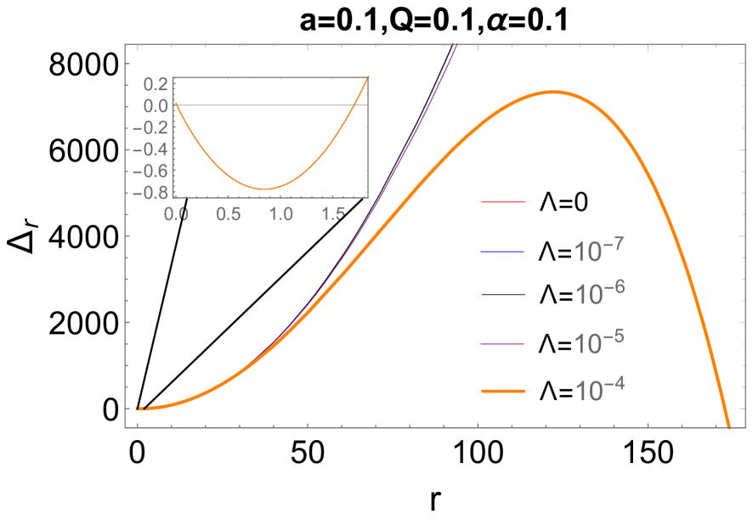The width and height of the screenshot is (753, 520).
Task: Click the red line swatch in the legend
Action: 503,202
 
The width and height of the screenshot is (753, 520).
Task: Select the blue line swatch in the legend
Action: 503,252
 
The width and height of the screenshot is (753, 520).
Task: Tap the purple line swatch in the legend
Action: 503,343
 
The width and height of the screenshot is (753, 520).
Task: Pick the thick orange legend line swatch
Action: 503,391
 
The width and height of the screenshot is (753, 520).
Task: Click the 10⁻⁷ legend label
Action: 599,252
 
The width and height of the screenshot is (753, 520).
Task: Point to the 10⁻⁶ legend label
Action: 599,294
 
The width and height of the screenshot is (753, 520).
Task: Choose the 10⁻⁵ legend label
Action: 599,342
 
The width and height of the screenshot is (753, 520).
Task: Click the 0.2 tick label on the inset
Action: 156,84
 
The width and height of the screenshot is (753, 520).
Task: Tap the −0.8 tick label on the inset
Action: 151,192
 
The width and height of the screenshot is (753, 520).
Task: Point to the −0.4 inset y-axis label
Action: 151,149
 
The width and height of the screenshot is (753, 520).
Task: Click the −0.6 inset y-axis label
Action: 151,171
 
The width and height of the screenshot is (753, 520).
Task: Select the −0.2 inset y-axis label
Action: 151,127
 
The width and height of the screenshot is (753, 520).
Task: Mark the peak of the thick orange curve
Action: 552,92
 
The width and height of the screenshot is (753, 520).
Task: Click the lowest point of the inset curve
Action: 266,189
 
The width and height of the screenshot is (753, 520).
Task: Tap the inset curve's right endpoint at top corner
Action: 368,78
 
